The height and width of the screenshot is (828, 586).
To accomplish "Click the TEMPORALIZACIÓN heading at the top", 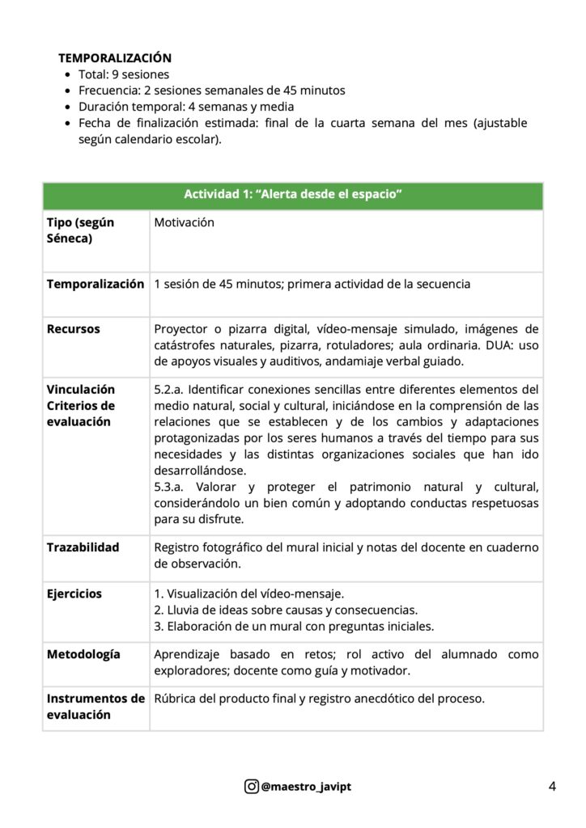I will (114, 58).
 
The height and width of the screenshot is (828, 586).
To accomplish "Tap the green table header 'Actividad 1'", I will (293, 195).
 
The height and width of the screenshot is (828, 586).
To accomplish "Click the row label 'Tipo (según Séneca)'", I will (81, 230).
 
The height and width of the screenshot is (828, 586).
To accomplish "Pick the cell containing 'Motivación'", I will (184, 222).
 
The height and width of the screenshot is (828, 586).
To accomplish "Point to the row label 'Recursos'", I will (74, 329).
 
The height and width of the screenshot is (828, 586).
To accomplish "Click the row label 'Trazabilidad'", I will (83, 547).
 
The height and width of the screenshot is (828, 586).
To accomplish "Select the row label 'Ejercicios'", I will (74, 594).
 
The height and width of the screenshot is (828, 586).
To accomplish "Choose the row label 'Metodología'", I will (83, 654).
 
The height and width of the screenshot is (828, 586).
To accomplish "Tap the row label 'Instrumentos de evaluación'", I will (95, 707).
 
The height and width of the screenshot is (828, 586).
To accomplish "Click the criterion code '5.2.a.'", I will (169, 390).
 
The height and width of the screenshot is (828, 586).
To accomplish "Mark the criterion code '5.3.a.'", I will (169, 487).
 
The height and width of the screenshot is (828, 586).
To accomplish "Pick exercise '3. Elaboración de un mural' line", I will (294, 626).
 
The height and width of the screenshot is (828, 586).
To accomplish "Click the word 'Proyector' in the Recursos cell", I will (180, 329).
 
